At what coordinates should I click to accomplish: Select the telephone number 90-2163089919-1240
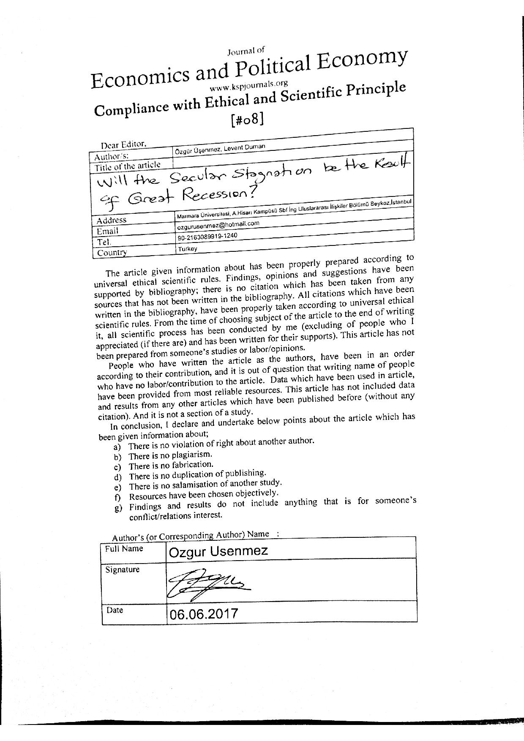click(x=207, y=237)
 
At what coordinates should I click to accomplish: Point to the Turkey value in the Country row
click(x=188, y=249)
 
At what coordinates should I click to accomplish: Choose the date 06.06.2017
click(x=204, y=613)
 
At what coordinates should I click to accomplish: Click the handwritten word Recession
click(x=216, y=195)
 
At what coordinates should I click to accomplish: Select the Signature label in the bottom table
click(x=122, y=569)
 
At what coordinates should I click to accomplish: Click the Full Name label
click(x=124, y=549)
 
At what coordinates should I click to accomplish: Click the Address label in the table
click(x=112, y=220)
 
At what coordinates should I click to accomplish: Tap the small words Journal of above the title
click(x=246, y=52)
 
